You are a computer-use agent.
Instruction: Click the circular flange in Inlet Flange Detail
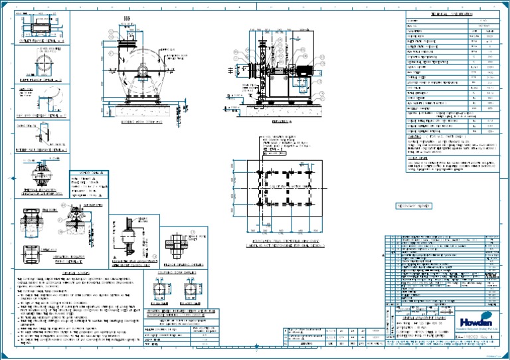click(39, 65)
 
